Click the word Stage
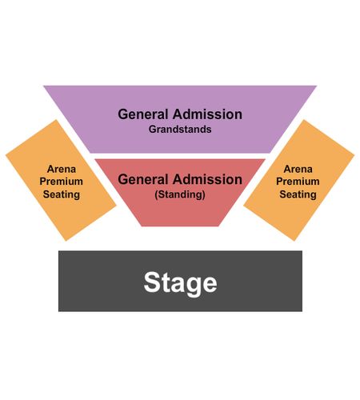click(180, 283)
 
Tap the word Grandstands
click(180, 130)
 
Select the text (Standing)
click(180, 194)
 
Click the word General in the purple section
click(143, 114)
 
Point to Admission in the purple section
click(207, 114)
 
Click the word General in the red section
click(143, 179)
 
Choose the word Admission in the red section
click(207, 179)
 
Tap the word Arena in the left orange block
click(62, 169)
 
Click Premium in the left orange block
click(62, 182)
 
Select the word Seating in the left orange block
click(62, 194)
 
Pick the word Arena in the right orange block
click(298, 169)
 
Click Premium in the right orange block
click(298, 182)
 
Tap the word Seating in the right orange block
click(298, 194)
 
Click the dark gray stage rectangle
click(180, 281)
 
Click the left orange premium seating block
click(61, 180)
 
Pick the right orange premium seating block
click(299, 180)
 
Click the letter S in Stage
click(152, 282)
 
